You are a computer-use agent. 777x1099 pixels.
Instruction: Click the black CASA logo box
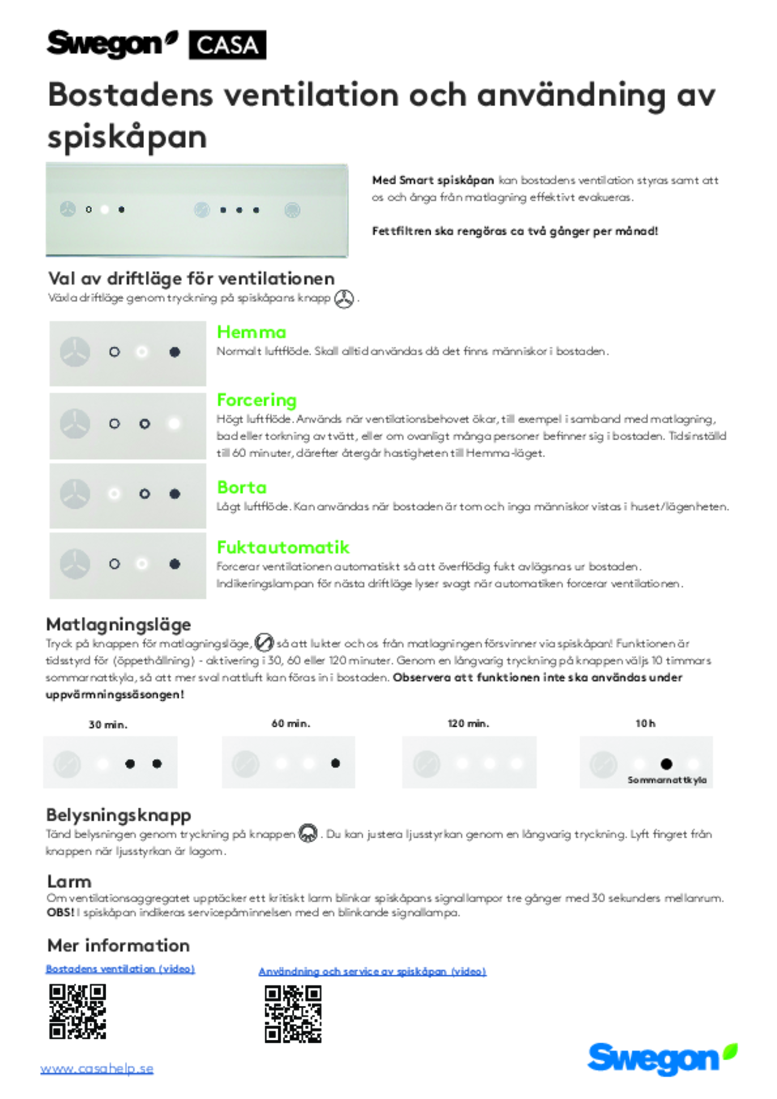coord(227,45)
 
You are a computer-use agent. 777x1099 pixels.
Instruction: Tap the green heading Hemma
coord(252,332)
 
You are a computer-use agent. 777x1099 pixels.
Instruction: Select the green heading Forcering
coord(256,400)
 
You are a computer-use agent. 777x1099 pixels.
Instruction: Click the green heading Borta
coord(242,487)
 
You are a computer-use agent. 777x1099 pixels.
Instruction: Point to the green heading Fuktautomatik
coord(283,548)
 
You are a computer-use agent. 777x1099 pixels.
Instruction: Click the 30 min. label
coord(108,725)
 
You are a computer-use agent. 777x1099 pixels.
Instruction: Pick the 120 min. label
coord(468,724)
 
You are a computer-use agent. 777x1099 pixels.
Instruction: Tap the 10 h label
coord(645,724)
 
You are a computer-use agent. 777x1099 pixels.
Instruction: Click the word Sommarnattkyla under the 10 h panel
coord(667,780)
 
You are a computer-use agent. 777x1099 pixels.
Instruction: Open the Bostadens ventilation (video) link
coord(120,969)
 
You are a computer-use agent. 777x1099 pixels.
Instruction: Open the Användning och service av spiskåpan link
coord(372,971)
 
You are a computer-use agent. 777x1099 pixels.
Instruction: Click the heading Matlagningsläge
coord(118,624)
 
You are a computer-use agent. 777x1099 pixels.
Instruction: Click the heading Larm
coord(69,881)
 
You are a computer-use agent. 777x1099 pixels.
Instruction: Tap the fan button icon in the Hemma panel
coord(75,352)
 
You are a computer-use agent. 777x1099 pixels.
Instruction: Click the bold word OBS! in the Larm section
coord(60,913)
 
